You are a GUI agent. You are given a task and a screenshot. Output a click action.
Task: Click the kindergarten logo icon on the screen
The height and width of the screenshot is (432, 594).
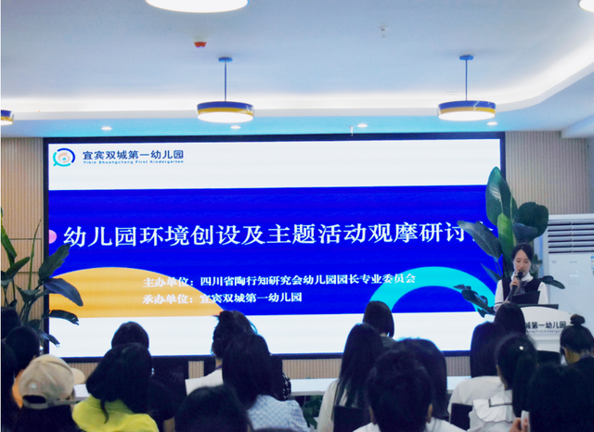click(x=63, y=157)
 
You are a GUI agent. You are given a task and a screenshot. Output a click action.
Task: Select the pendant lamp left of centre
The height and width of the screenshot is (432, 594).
click(x=225, y=110)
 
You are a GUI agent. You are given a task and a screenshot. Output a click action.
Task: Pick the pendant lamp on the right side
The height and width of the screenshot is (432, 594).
click(x=466, y=109)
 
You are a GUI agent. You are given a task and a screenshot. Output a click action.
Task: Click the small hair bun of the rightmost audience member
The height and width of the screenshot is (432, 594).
click(x=577, y=320)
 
